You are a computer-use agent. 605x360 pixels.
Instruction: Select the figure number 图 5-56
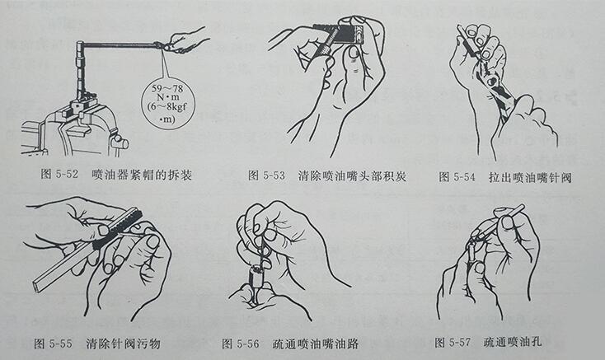point(245,342)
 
